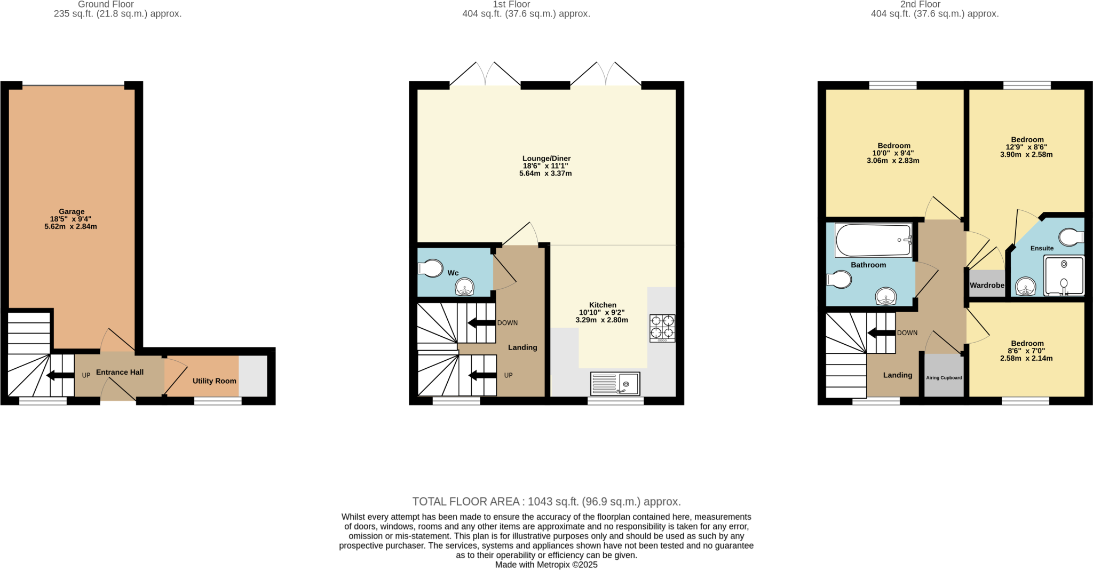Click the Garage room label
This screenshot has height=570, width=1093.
pyautogui.click(x=72, y=212)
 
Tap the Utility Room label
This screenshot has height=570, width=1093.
pyautogui.click(x=214, y=381)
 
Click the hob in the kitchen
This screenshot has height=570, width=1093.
pyautogui.click(x=662, y=328)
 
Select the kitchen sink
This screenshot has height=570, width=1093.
pyautogui.click(x=615, y=384)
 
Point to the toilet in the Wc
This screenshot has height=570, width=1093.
pyautogui.click(x=431, y=268)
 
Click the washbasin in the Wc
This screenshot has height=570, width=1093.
pyautogui.click(x=464, y=288)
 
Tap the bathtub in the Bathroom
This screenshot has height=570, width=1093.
pyautogui.click(x=873, y=240)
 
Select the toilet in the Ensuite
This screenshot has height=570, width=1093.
pyautogui.click(x=1071, y=237)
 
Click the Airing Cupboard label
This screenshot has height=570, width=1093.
pyautogui.click(x=944, y=378)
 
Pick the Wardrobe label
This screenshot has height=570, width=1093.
pyautogui.click(x=987, y=286)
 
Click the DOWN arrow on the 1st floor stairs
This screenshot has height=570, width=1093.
pyautogui.click(x=481, y=323)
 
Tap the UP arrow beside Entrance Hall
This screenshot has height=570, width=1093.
pyautogui.click(x=60, y=376)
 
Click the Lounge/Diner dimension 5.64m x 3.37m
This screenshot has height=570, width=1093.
pyautogui.click(x=545, y=173)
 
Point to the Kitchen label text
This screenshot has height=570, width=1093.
pyautogui.click(x=603, y=305)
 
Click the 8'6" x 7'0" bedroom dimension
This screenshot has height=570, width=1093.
pyautogui.click(x=1026, y=351)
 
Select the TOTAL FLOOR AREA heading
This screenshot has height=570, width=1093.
pyautogui.click(x=546, y=502)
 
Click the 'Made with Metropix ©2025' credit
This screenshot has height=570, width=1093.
pyautogui.click(x=546, y=565)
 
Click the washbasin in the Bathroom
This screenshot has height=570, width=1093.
pyautogui.click(x=886, y=296)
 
